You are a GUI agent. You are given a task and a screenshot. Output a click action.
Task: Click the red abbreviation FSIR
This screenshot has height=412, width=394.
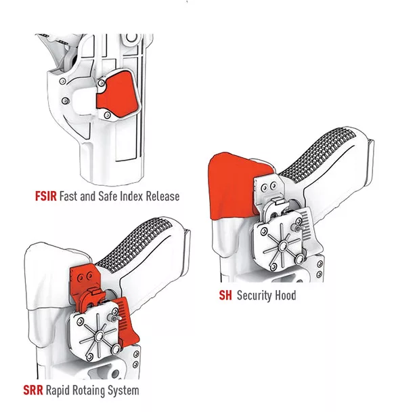click(45, 197)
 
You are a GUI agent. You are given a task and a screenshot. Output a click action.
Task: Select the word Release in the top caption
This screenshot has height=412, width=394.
click(162, 197)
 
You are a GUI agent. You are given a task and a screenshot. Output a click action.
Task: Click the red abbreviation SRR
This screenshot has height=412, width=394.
click(33, 390)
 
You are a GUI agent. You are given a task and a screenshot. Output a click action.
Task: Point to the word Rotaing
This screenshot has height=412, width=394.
click(89, 391)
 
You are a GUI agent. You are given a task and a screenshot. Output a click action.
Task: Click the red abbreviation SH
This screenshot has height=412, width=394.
click(225, 295)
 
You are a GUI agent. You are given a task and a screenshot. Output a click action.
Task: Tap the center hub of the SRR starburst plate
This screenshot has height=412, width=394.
click(100, 336)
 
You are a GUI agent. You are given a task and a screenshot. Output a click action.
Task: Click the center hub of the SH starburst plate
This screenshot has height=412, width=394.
click(283, 247)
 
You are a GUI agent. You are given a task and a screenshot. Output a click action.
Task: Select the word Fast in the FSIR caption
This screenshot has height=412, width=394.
click(68, 197)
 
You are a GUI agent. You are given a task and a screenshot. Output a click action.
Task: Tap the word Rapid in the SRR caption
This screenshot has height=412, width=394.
click(58, 391)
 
